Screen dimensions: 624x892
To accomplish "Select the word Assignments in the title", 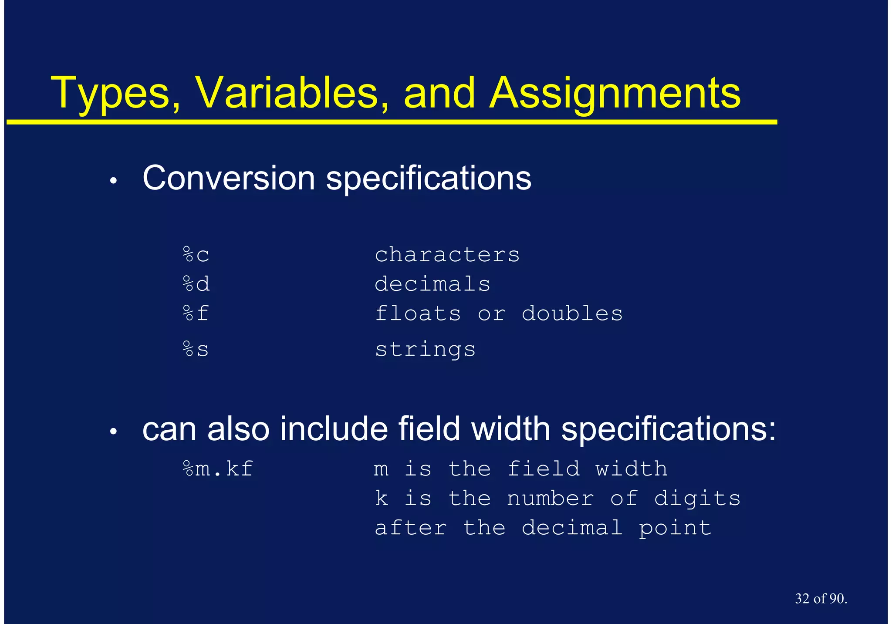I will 615,94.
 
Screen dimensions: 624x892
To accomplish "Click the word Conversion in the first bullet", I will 229,178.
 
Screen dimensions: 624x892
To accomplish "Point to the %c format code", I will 196,255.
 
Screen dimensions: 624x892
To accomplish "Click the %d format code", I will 196,284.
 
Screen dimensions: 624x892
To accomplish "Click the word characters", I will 447,255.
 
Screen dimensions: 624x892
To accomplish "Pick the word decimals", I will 432,284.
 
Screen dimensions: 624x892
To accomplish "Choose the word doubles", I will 572,314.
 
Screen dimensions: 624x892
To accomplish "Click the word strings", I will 426,350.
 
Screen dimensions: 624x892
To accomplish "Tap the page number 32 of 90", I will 821,599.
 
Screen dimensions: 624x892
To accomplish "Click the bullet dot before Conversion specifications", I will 114,181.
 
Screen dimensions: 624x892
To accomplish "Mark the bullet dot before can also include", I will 114,432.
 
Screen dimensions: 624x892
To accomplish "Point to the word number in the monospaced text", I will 550,499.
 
